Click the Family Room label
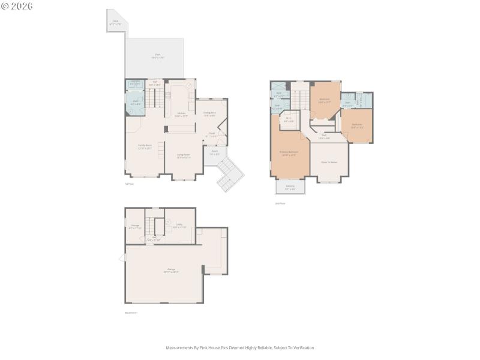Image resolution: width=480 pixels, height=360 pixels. pos(145,146)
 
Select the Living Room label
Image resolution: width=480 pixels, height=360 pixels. pos(183,156)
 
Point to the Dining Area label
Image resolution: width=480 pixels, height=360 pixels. pos(209,113)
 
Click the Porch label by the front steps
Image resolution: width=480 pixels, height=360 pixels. pos(214,152)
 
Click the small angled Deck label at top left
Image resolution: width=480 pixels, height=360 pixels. pos(115,22)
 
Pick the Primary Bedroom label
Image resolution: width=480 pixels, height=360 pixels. pos(289,153)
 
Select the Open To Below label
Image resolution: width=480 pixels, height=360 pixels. pos(329,162)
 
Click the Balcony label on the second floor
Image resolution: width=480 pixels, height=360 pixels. pos(290,188)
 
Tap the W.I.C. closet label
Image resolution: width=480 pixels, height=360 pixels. pos(289,119)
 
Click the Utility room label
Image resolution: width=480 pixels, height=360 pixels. pos(179,226)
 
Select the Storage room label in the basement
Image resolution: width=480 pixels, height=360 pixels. pos(134,227)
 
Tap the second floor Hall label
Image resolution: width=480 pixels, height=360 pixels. pos(324,136)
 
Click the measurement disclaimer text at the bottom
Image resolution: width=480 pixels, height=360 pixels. pos(240,347)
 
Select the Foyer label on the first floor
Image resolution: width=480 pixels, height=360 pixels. pos(211,135)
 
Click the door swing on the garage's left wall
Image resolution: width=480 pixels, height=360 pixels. pos(122,257)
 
